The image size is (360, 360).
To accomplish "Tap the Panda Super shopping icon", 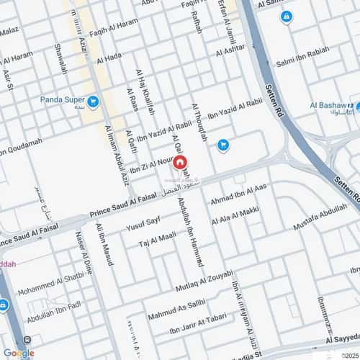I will click(x=93, y=102).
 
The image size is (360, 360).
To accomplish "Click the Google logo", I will click(x=19, y=353).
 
